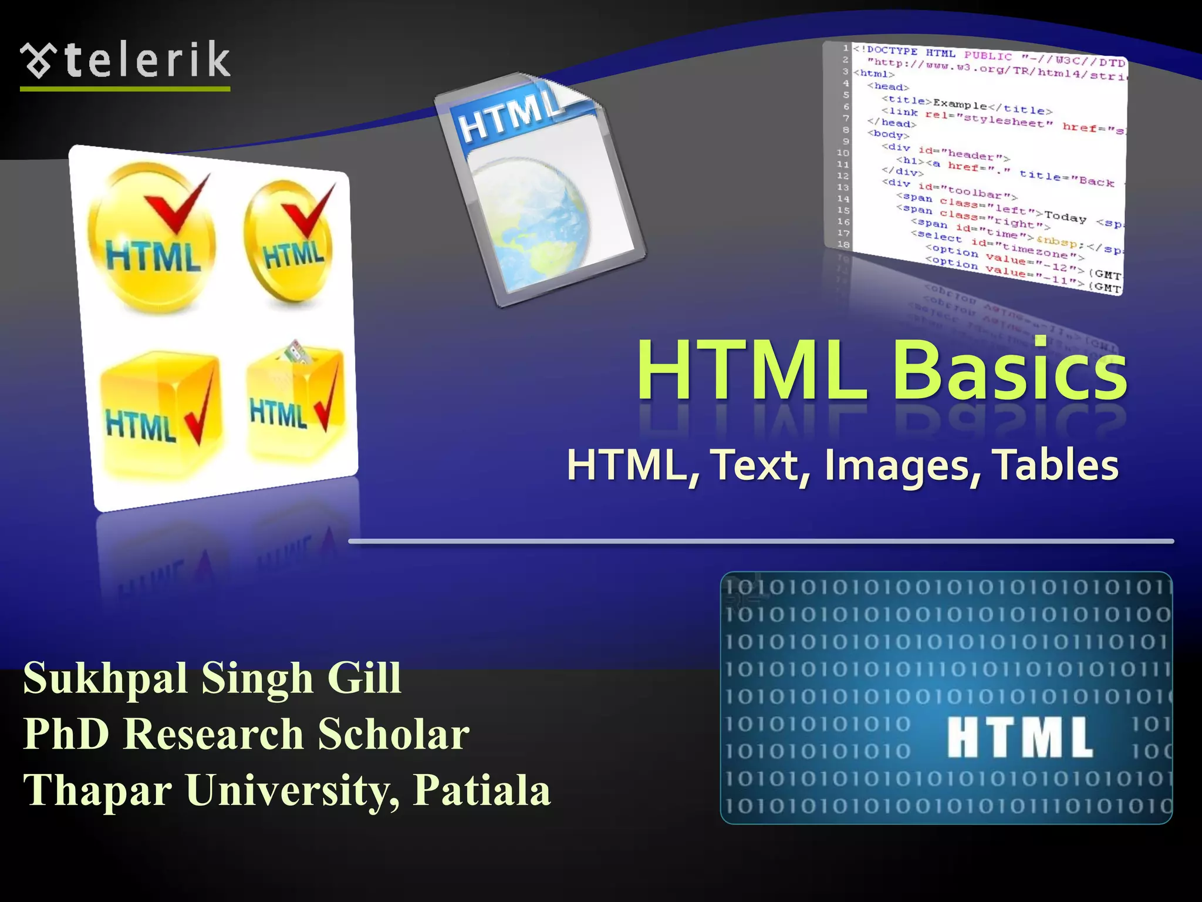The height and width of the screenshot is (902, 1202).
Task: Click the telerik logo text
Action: coord(147,60)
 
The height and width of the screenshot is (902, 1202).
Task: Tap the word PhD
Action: coord(66,734)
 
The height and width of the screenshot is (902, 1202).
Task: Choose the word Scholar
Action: coord(393,734)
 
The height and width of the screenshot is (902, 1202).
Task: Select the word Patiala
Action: coord(481,790)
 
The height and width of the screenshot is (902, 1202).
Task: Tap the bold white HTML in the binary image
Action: coord(1020,738)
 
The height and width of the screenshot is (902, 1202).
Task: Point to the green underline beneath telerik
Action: coord(125,89)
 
